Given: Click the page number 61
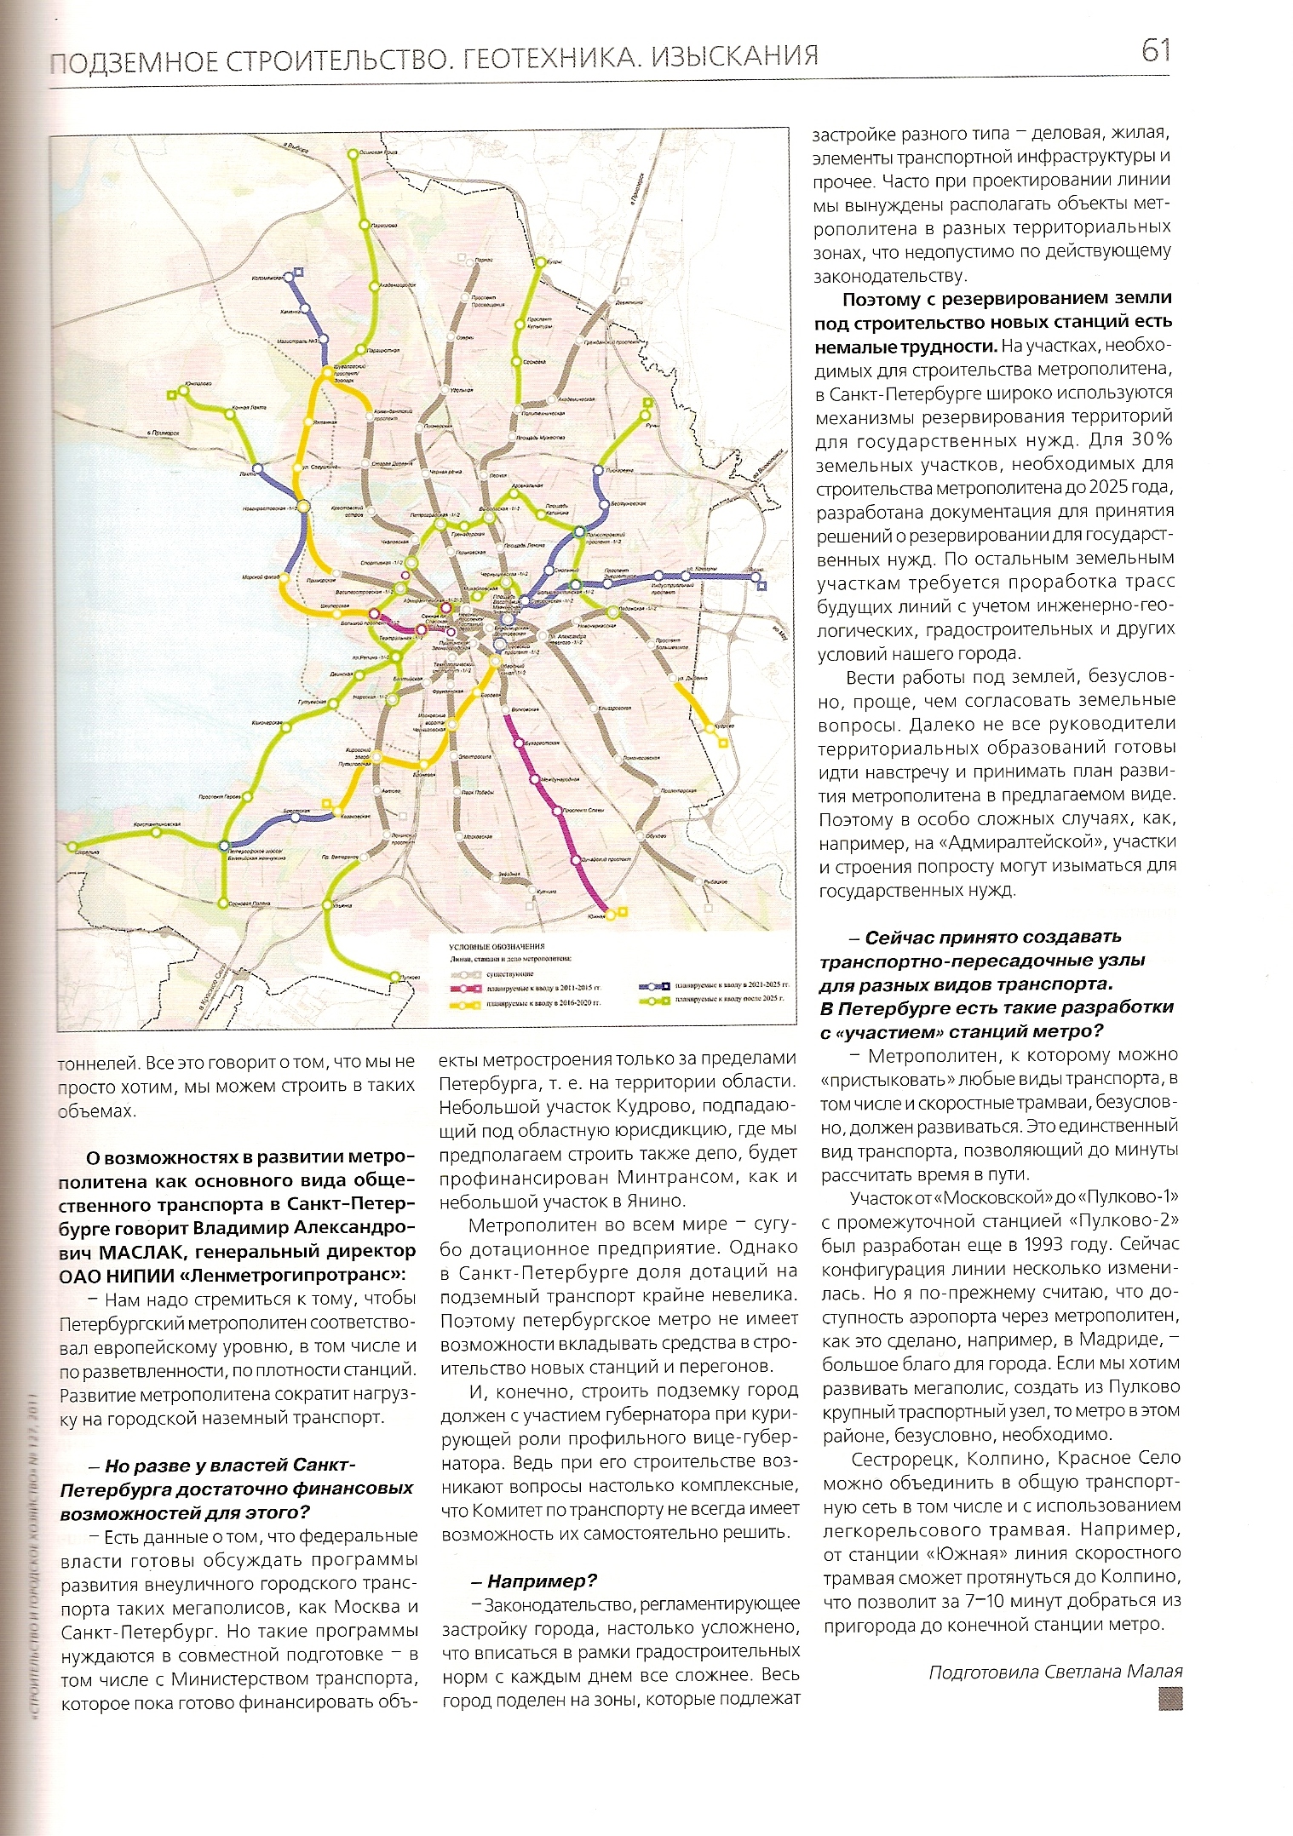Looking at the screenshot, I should click(1155, 51).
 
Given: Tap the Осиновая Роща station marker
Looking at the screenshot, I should click(353, 154).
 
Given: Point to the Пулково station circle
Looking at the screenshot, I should click(394, 976).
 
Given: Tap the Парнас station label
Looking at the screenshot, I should click(484, 259).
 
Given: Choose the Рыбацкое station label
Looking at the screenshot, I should click(715, 882).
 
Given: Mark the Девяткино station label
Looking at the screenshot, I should click(629, 302).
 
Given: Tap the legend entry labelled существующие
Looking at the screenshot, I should click(510, 973).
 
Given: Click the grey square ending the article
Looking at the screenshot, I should click(1169, 1698).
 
